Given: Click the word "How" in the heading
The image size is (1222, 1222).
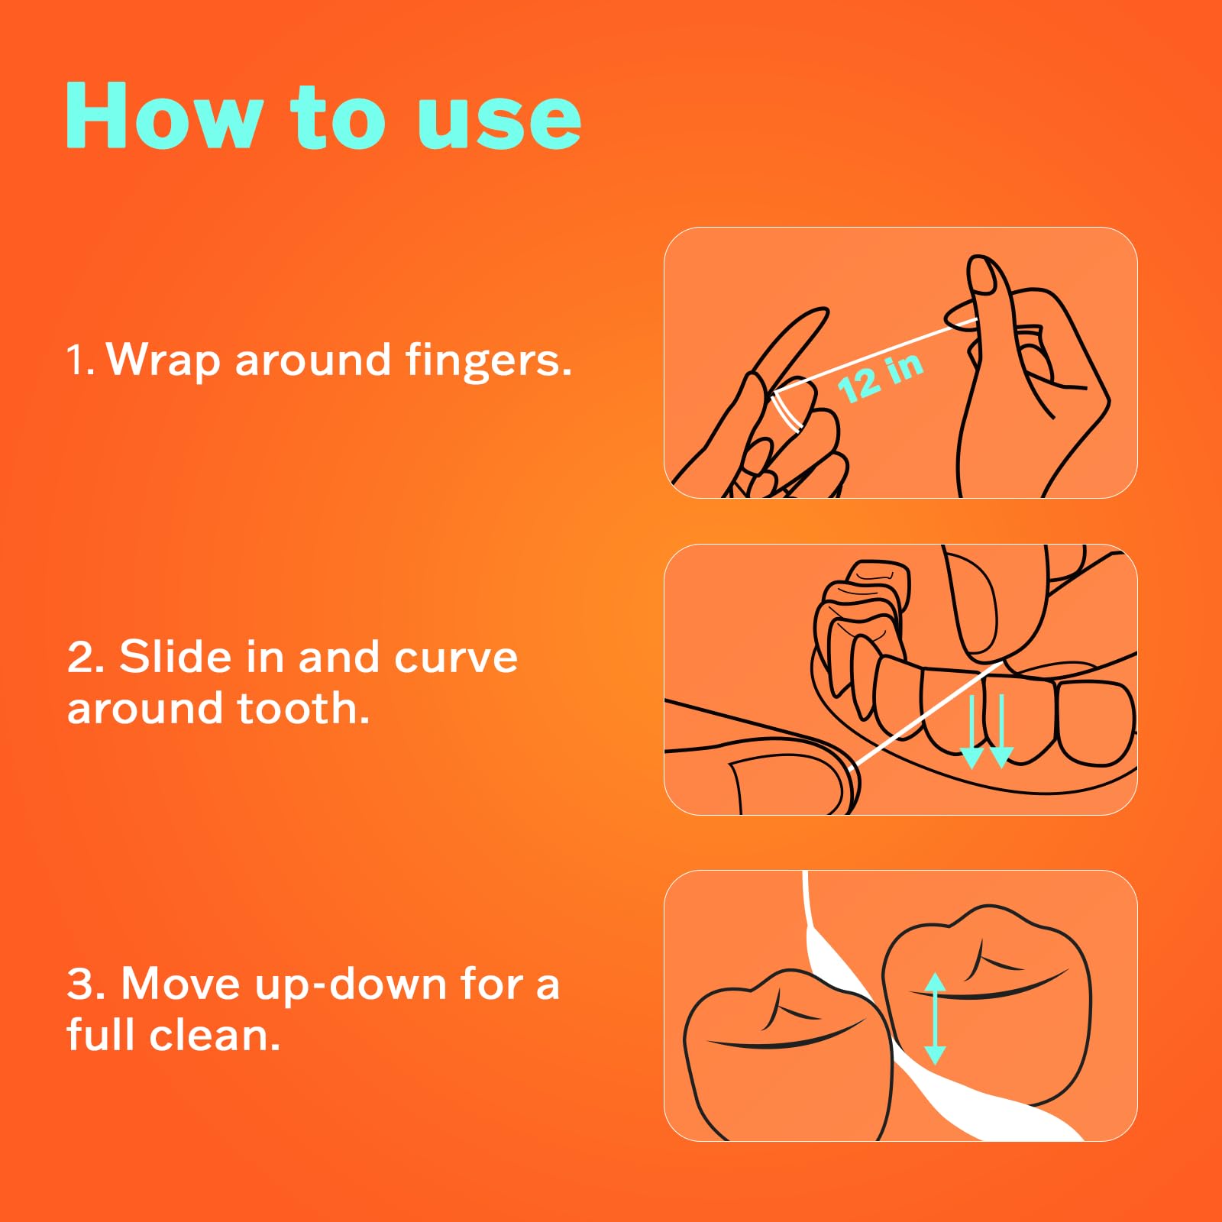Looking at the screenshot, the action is [164, 115].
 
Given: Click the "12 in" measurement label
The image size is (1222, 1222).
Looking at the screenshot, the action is [881, 377].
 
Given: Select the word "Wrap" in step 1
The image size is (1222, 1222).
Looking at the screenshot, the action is [163, 360].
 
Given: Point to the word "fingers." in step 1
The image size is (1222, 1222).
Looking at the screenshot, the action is [489, 360].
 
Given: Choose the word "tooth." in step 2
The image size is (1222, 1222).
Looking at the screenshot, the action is [303, 708].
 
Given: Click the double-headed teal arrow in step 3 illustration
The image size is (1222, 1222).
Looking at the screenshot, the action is [935, 1019].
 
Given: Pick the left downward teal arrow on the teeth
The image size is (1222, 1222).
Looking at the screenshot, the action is [971, 731].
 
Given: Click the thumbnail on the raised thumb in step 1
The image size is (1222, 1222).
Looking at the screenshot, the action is [982, 275].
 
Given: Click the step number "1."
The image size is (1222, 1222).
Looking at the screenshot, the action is [80, 360].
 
